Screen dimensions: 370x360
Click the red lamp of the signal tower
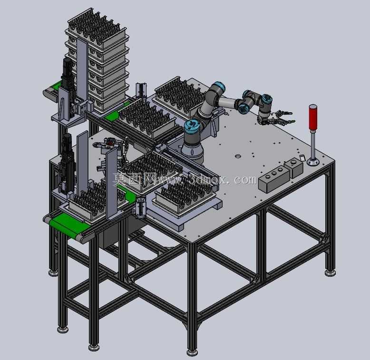click(x=313, y=117)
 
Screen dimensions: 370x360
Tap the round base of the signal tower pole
click(x=313, y=162)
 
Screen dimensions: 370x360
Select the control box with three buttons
click(x=274, y=179)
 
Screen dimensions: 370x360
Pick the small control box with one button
click(x=293, y=167)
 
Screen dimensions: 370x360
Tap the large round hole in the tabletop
click(x=238, y=156)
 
